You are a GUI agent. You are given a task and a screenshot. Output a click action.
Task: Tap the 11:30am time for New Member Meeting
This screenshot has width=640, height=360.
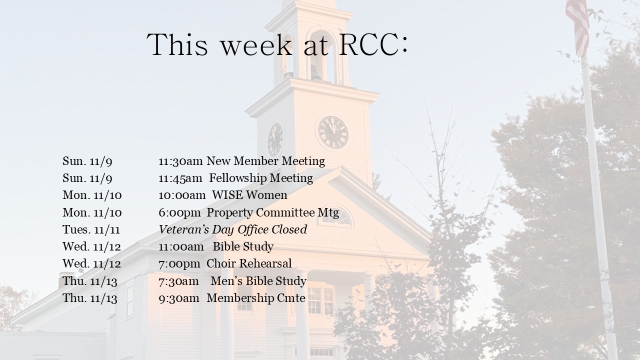coord(180,161)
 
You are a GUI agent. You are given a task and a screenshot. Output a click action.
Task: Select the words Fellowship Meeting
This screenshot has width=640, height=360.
coord(261,178)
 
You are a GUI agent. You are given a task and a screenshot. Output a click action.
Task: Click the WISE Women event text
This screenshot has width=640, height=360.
coord(249,195)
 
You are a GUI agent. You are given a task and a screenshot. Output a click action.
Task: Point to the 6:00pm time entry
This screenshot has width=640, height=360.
coord(179,213)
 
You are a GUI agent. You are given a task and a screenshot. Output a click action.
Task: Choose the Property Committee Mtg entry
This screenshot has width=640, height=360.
coord(272,213)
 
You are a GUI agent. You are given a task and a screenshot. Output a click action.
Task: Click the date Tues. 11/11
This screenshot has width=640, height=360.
coord(91,229)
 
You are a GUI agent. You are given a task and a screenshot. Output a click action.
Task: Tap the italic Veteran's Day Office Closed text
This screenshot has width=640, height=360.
coord(233,229)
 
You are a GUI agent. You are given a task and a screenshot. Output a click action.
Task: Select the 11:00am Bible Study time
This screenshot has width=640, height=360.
coord(181,247)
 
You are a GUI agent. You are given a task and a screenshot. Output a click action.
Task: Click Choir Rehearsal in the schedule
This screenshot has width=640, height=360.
coord(249,263)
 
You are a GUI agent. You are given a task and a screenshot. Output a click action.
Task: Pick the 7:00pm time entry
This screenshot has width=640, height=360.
coord(179,264)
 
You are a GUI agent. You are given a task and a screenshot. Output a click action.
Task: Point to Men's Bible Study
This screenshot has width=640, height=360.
coord(258,281)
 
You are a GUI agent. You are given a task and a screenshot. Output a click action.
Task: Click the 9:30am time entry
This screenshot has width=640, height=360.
coord(179,298)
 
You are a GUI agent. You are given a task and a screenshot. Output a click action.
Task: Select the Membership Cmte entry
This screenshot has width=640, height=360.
coord(256,298)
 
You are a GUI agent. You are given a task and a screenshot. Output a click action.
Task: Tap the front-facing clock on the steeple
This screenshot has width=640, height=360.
coord(333,132)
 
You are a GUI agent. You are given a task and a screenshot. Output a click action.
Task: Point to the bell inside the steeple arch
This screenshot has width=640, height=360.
coord(316,72)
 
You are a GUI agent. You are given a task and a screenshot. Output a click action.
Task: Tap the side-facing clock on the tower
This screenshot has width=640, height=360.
coord(275,139)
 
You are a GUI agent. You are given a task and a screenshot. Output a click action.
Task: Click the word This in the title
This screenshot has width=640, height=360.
coord(177,45)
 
